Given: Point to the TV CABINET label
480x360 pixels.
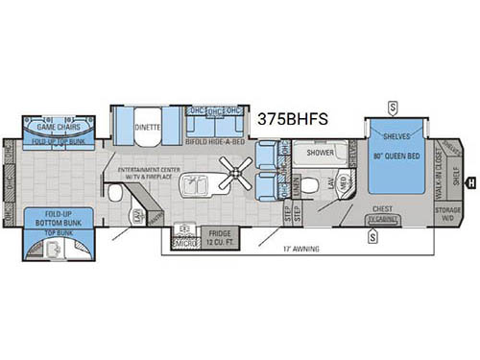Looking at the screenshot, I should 381,219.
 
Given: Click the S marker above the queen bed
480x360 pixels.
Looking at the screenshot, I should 395,106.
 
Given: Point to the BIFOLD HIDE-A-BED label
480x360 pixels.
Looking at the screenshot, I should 219,141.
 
